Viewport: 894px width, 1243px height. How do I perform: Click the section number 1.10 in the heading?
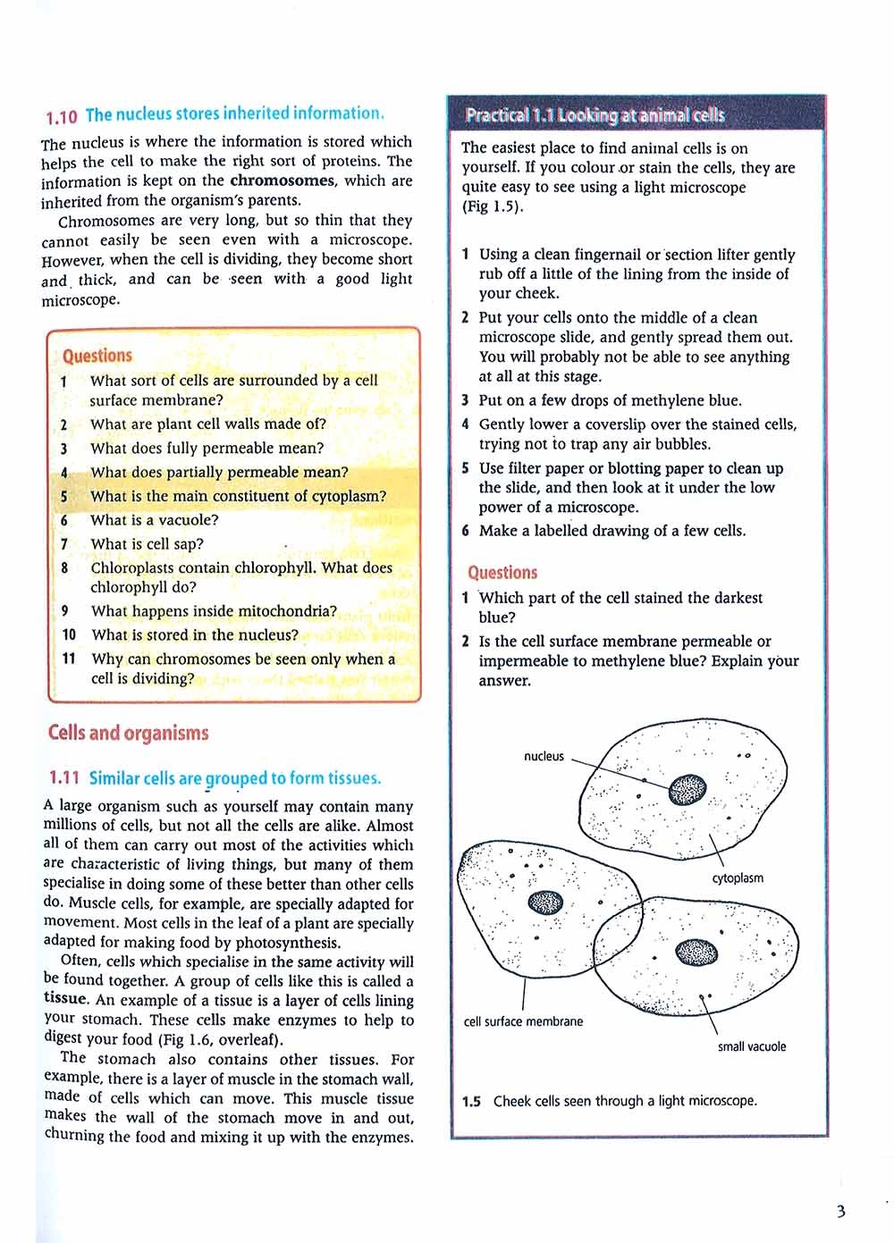coord(61,116)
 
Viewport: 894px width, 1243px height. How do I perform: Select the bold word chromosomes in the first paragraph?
coord(283,181)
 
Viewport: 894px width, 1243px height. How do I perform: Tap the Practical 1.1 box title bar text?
coord(595,115)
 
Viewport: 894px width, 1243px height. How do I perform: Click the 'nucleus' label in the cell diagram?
coord(544,756)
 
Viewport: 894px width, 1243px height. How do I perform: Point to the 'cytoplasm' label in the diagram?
coord(738,878)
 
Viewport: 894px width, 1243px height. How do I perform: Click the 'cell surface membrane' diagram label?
coord(523,1021)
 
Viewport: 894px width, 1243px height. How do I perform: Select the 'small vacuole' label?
coord(752,1046)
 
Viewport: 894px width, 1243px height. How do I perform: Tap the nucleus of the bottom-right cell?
coord(697,953)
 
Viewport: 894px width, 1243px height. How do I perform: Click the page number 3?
coord(840,1212)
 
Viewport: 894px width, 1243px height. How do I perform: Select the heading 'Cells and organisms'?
coord(128,734)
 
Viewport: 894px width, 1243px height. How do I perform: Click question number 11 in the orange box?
coord(69,659)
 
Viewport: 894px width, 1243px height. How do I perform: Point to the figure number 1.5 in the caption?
coord(471,1102)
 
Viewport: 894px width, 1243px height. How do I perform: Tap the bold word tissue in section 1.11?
coord(65,1000)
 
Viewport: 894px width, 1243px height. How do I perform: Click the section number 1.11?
coord(64,778)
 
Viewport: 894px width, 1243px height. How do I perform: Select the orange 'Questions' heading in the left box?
coord(97,356)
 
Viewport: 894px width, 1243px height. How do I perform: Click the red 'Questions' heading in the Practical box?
coord(502,573)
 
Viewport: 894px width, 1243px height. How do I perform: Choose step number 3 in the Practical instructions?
coord(465,400)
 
